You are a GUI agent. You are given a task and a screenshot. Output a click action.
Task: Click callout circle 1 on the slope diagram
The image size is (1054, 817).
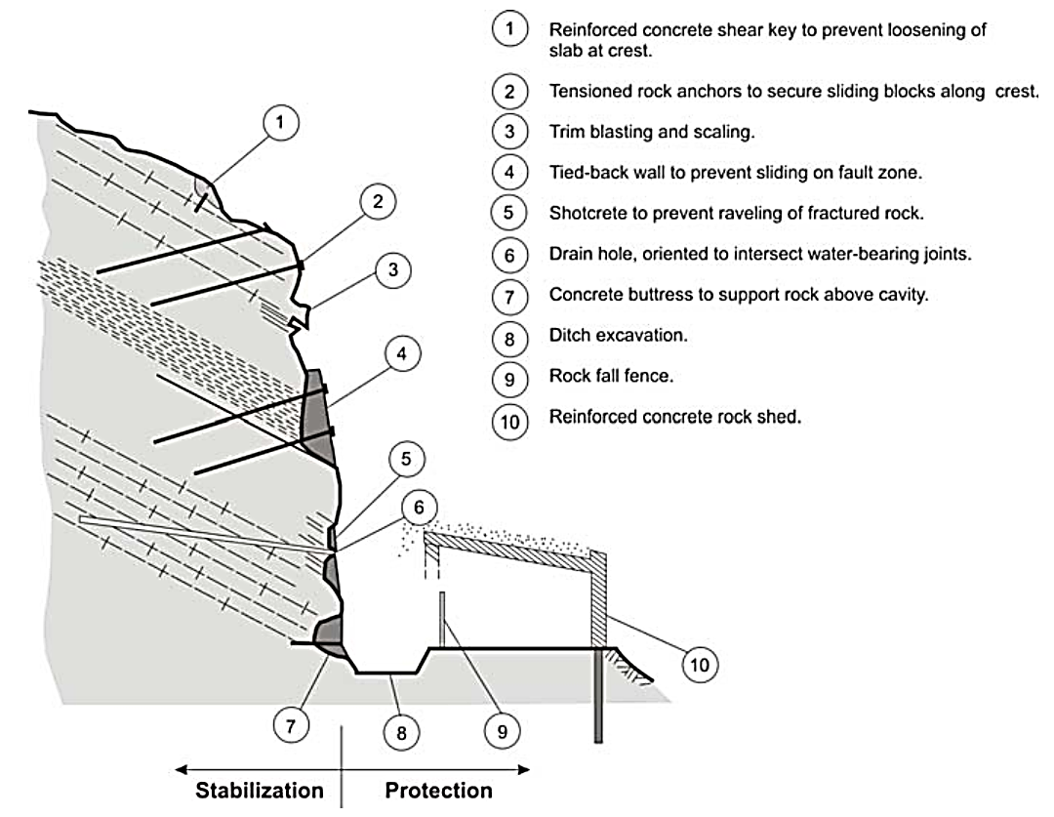point(281,122)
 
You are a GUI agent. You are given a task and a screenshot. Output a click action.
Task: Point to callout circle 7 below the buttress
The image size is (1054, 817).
point(291,725)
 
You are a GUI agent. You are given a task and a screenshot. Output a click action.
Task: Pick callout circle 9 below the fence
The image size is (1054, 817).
point(504,730)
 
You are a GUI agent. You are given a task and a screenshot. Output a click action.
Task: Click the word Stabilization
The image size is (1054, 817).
point(259,790)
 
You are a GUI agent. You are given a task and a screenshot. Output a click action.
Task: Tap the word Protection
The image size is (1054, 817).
point(439,790)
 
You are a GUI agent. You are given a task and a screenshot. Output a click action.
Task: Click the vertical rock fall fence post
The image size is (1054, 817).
point(442,619)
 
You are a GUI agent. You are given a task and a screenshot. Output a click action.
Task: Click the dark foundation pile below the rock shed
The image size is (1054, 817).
point(597,697)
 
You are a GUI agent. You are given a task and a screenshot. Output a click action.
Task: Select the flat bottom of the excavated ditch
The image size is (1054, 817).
point(386,672)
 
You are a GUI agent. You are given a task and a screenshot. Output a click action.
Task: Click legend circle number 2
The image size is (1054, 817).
point(508,91)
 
